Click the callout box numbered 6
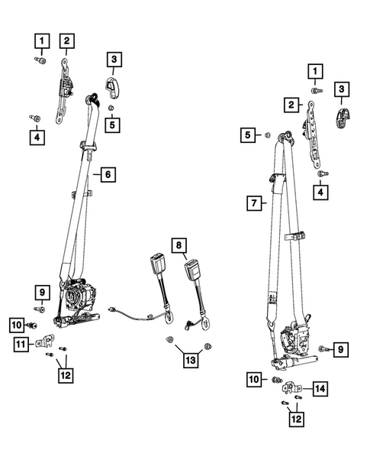[x=108, y=175]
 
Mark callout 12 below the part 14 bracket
[x=293, y=419]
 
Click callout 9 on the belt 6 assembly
[x=40, y=290]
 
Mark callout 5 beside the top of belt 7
[x=246, y=135]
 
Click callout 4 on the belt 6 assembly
[x=36, y=137]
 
